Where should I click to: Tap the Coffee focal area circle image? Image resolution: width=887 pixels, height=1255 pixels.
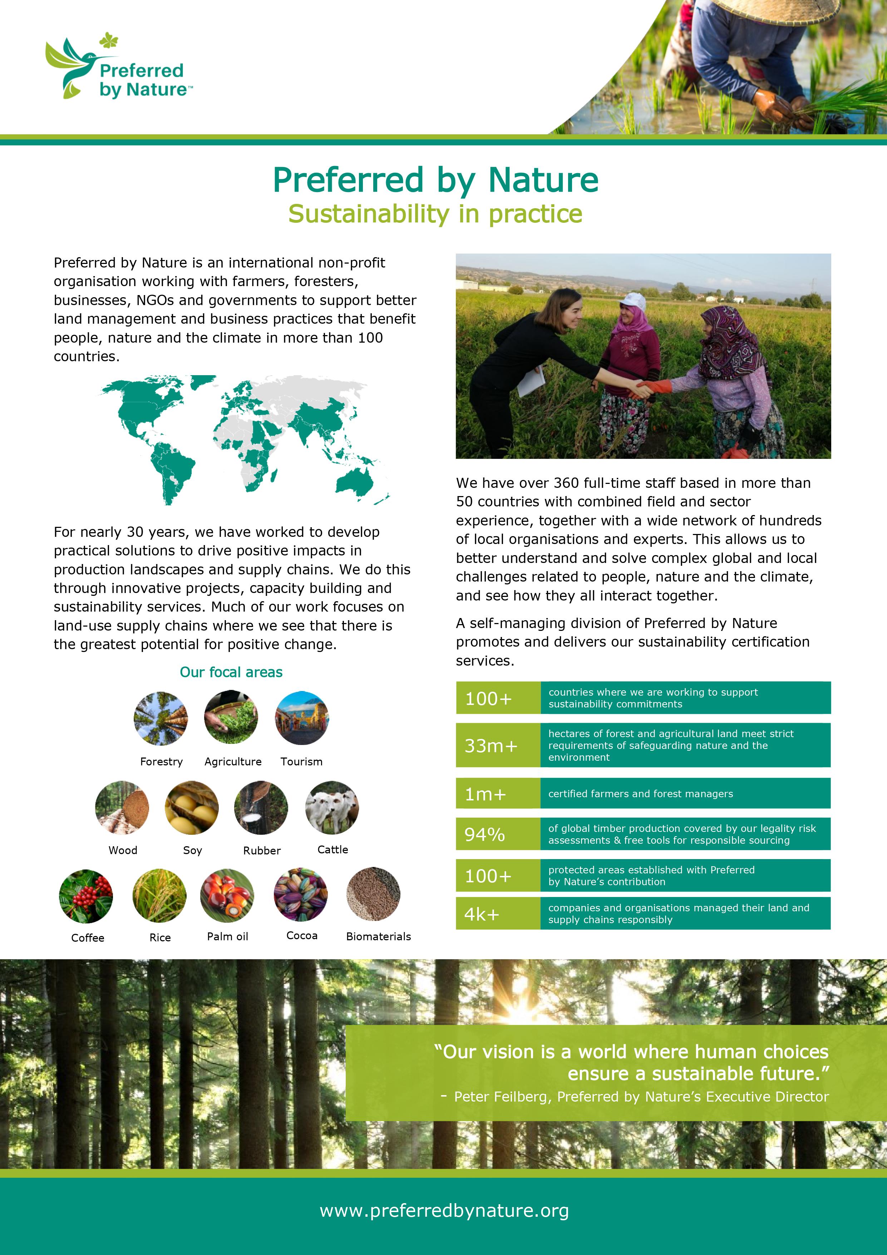coord(86,896)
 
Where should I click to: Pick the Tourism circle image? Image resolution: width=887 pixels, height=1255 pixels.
coord(302,718)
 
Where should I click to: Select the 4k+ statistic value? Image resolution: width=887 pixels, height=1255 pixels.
coord(482,914)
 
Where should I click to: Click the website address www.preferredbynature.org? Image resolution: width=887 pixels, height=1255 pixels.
coord(444,1211)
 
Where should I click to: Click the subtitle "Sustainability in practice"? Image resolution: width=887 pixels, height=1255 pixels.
coord(435,214)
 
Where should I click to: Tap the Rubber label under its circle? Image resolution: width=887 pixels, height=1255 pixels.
coord(262,850)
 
